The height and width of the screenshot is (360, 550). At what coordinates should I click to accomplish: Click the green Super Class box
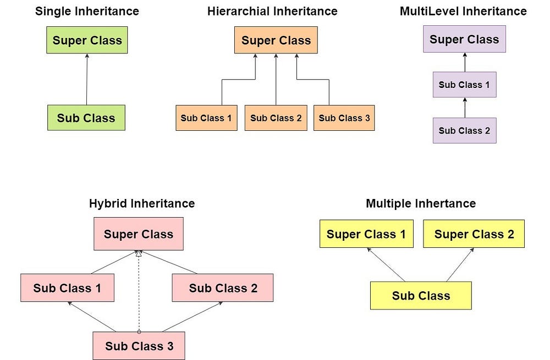click(87, 41)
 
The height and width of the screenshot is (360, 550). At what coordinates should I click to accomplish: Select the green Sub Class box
click(86, 118)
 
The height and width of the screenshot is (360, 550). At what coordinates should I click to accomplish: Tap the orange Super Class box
click(276, 41)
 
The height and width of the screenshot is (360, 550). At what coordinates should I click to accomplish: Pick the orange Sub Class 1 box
click(206, 118)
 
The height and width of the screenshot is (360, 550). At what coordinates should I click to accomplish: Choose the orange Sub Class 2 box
click(276, 118)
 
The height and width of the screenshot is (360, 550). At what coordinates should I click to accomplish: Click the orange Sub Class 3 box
click(344, 118)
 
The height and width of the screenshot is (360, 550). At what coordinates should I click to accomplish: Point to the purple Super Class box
click(464, 40)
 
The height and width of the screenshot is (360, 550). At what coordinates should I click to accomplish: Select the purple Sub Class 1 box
click(464, 85)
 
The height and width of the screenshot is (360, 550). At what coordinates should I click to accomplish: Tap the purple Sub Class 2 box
click(464, 130)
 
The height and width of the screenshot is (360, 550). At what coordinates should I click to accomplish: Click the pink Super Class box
click(138, 234)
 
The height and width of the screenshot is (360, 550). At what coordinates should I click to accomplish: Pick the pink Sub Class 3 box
click(139, 346)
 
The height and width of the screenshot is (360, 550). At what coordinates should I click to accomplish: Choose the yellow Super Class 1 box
click(366, 234)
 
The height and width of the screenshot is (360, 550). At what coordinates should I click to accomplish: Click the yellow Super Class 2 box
click(474, 234)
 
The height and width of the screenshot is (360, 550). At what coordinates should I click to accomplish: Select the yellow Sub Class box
click(421, 296)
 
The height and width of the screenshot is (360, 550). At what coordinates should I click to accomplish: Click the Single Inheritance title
click(87, 11)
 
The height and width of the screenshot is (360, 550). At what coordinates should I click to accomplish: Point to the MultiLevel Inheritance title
click(463, 11)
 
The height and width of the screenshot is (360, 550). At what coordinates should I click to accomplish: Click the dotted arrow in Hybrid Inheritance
click(139, 291)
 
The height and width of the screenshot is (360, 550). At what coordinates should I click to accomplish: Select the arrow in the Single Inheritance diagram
click(87, 79)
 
